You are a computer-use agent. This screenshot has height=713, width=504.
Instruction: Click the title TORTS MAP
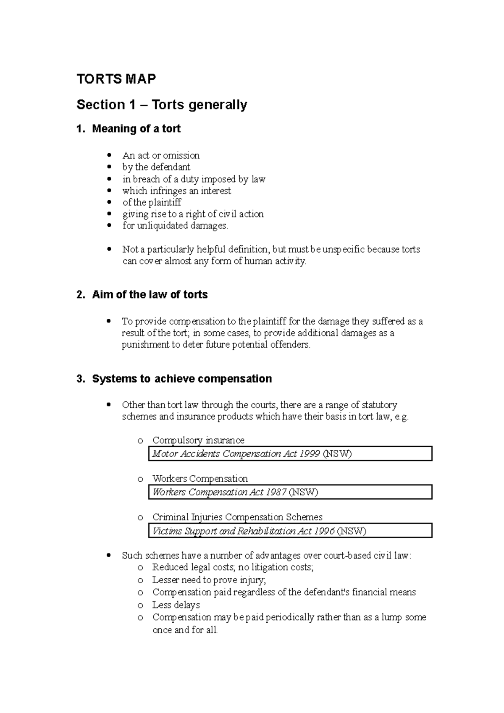point(116,79)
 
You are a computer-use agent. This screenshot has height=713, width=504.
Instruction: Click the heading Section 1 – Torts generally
point(162,105)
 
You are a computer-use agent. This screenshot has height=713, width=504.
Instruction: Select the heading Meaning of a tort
point(136,128)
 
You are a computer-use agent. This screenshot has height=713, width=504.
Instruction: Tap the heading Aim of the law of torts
point(150,295)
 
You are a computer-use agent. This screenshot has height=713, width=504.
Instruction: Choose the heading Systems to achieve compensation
point(181,379)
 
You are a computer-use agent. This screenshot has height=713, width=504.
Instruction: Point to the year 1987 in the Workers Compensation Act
point(276,492)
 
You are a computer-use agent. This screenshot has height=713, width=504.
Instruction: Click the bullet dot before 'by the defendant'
point(110,167)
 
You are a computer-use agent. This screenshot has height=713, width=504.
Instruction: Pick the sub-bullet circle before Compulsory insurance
point(140,441)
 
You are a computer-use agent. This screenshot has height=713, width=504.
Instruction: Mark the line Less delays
point(176,605)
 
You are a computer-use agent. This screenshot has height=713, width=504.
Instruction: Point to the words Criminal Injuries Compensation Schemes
point(237,517)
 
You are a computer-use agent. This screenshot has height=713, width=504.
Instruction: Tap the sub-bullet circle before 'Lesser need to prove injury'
point(140,581)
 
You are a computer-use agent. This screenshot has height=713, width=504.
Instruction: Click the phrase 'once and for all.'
point(185,630)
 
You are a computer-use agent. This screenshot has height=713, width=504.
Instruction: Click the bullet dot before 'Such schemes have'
point(110,556)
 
